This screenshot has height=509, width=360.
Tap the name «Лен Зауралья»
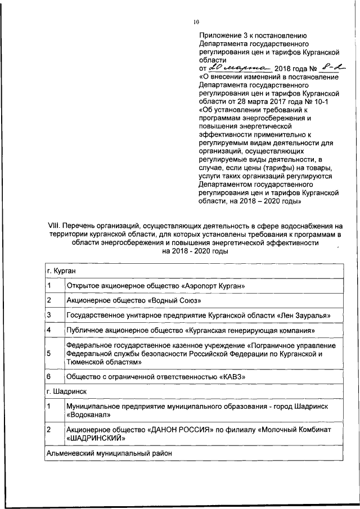(x=304, y=315)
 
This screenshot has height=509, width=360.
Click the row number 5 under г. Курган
(x=49, y=353)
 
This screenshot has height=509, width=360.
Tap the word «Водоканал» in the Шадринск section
(x=87, y=414)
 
